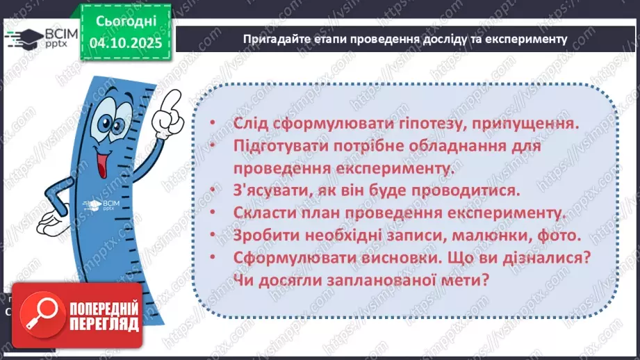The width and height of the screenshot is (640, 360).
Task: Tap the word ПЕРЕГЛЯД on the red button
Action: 104,323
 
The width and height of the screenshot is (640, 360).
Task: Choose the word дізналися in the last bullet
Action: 539,258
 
